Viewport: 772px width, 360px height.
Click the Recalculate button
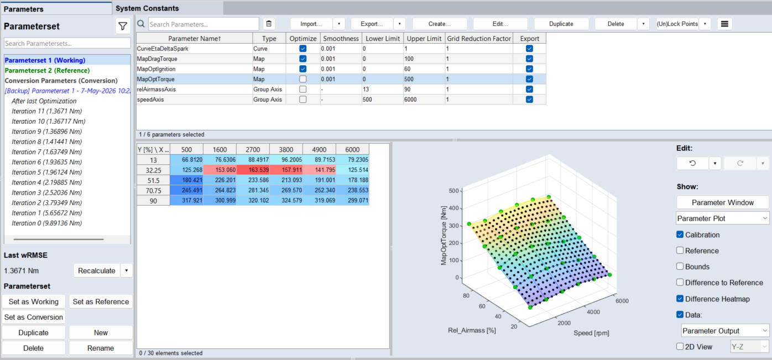pyautogui.click(x=96, y=271)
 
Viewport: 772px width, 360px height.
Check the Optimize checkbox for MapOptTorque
pyautogui.click(x=302, y=79)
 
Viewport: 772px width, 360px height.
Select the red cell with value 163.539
pyautogui.click(x=253, y=170)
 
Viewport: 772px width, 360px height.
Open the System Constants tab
pyautogui.click(x=147, y=8)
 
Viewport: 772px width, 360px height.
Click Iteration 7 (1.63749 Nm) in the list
pyautogui.click(x=46, y=152)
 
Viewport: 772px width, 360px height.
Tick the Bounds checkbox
pyautogui.click(x=680, y=267)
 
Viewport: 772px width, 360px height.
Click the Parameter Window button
pyautogui.click(x=722, y=202)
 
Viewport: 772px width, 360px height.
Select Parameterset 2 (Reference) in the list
pyautogui.click(x=47, y=70)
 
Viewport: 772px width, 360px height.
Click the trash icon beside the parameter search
pyautogui.click(x=269, y=24)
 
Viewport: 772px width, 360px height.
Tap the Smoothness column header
pyautogui.click(x=341, y=39)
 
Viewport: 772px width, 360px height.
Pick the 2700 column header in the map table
pyautogui.click(x=253, y=149)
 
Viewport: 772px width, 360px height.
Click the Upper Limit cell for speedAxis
pyautogui.click(x=424, y=99)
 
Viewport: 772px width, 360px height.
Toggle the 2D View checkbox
pyautogui.click(x=680, y=346)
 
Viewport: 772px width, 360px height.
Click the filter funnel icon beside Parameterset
pyautogui.click(x=123, y=26)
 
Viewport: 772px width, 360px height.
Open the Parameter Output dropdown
pyautogui.click(x=725, y=331)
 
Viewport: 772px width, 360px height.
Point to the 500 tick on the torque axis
pyautogui.click(x=454, y=191)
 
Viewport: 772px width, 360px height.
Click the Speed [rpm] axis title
pyautogui.click(x=591, y=333)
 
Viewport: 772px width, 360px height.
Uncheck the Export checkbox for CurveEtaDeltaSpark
pyautogui.click(x=529, y=49)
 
